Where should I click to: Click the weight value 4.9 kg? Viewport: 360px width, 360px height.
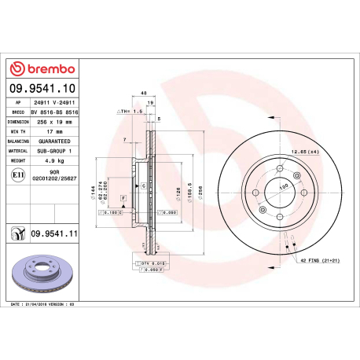click(56, 160)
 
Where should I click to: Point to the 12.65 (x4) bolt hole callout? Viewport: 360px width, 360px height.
click(305, 152)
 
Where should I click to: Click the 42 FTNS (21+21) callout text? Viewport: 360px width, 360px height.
click(318, 259)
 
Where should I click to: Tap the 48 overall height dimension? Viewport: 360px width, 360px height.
click(143, 92)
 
